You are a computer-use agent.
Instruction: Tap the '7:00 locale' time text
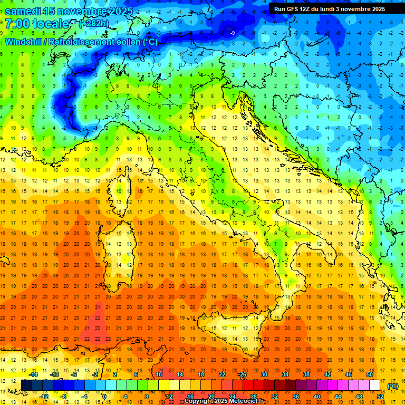pos(37,24)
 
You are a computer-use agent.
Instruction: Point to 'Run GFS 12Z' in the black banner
pos(293,9)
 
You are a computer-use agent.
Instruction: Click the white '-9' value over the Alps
pos(233,33)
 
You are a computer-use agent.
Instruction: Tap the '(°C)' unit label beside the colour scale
pos(392,386)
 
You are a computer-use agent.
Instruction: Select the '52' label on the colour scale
pos(380,396)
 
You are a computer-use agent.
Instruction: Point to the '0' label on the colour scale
pos(104,396)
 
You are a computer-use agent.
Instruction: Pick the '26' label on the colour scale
pos(243,374)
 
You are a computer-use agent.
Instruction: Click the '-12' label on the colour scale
pos(44,396)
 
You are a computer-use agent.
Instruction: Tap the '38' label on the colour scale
pos(306,374)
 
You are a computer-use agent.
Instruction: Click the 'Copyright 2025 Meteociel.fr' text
pos(224,401)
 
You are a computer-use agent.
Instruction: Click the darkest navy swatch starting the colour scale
pos(26,385)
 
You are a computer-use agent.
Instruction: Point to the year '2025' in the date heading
pos(119,11)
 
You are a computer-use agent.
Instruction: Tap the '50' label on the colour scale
pos(370,374)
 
